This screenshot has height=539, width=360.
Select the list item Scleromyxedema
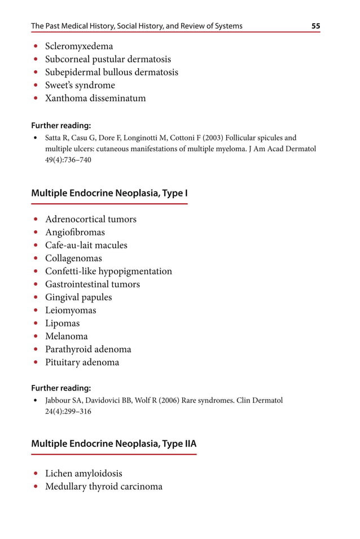[x=79, y=46]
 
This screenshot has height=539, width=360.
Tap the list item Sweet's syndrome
[x=80, y=85]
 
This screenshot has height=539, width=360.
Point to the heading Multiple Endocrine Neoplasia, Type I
[x=109, y=193]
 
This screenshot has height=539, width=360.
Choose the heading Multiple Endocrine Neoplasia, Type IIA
[x=114, y=444]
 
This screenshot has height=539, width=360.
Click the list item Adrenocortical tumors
[x=91, y=219]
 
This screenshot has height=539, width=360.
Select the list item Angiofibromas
[x=75, y=232]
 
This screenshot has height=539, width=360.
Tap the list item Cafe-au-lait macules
[x=86, y=245]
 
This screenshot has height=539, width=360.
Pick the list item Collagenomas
[x=74, y=258]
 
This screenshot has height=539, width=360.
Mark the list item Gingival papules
[x=78, y=297]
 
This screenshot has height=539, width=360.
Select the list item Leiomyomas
[x=71, y=310]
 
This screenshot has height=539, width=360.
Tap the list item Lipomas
[x=63, y=323]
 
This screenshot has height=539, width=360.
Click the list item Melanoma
[x=67, y=336]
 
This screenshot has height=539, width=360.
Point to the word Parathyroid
[x=68, y=349]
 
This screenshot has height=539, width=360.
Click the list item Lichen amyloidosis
[x=84, y=474]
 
